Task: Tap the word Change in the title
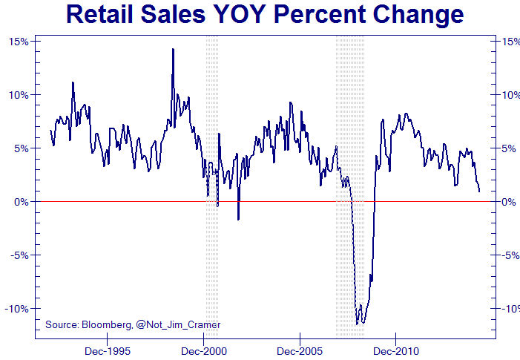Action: tap(417, 15)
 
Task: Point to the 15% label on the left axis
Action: tap(19, 42)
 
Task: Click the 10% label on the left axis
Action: tap(19, 95)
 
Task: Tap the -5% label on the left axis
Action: tap(20, 255)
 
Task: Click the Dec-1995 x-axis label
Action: tap(108, 350)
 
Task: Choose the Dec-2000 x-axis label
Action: tap(203, 350)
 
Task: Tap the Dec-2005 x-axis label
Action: tap(300, 350)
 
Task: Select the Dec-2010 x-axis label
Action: tap(395, 350)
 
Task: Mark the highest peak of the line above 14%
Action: tap(173, 50)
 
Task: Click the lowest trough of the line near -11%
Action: tap(357, 324)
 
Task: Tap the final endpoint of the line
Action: tap(479, 192)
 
